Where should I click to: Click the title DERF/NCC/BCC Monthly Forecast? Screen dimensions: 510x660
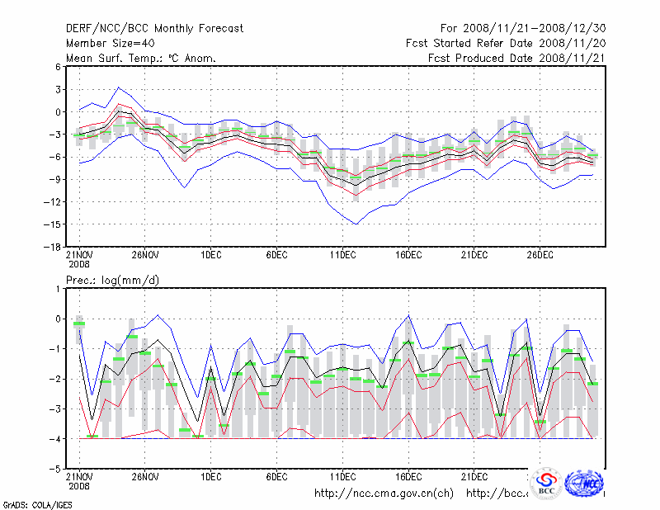[154, 28]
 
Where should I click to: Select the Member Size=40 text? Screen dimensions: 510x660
[107, 43]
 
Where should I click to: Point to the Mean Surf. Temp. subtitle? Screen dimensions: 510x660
[140, 58]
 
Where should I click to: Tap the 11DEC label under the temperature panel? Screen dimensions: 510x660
[343, 256]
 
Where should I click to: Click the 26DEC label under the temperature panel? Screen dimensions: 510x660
[540, 256]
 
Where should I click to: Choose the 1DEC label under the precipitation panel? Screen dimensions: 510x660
[211, 476]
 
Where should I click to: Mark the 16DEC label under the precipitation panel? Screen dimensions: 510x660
[409, 476]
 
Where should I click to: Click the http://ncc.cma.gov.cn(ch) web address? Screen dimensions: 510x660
[384, 493]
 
